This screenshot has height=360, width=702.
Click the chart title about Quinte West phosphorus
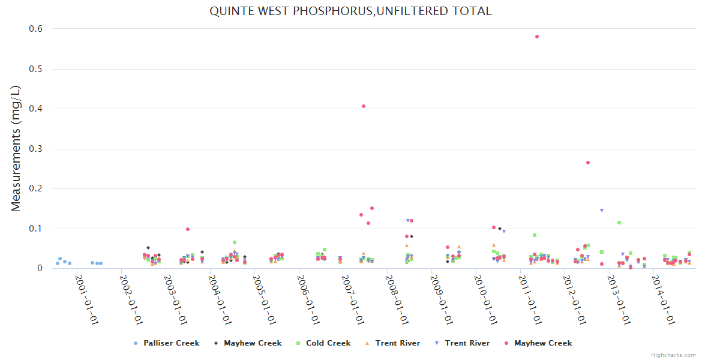tap(350, 11)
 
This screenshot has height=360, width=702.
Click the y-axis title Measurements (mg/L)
tap(16, 148)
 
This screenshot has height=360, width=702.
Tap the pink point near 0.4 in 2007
tap(364, 106)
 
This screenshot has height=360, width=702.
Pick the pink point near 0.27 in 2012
tap(588, 163)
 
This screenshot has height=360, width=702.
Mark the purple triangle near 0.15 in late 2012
tap(601, 211)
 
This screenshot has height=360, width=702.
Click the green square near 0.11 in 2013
tap(619, 223)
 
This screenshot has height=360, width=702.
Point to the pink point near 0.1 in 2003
tap(188, 229)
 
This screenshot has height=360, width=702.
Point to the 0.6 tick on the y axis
tap(37, 29)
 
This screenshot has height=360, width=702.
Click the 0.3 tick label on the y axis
tap(37, 149)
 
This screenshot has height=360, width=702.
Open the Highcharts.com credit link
tap(673, 355)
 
